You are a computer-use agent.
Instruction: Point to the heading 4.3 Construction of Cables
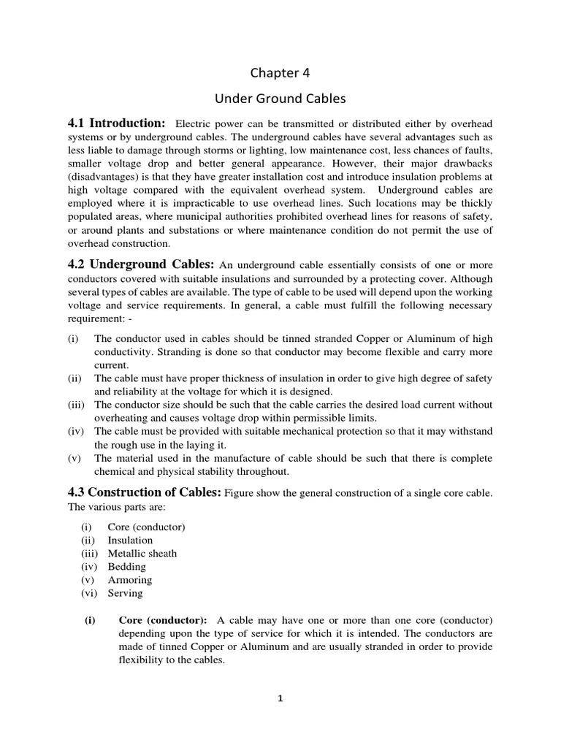[144, 493]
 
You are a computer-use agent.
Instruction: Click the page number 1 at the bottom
[280, 698]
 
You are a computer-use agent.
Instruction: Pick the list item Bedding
[126, 567]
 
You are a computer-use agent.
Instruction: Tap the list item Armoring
[129, 580]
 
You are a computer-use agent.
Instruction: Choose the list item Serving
[125, 593]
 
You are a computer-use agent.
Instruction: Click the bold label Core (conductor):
[163, 620]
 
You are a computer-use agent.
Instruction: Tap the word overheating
[123, 418]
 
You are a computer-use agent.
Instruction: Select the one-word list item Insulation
[130, 541]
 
